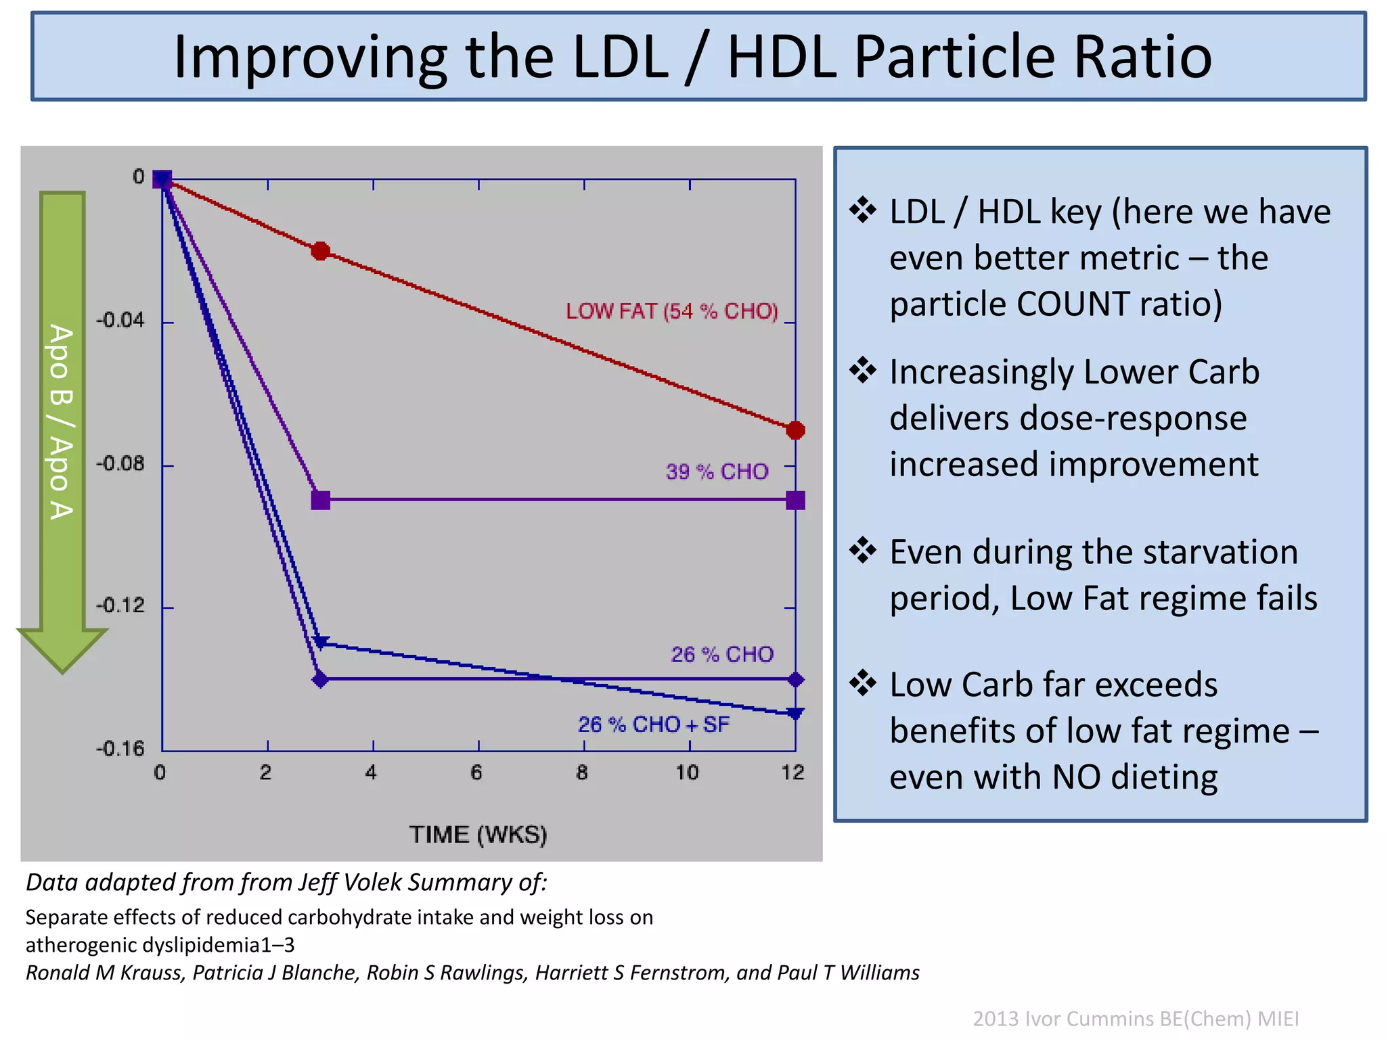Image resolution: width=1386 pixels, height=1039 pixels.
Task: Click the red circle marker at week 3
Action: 321,252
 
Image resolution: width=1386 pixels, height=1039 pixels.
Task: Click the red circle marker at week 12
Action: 796,430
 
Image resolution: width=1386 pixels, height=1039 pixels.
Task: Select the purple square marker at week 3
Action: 321,501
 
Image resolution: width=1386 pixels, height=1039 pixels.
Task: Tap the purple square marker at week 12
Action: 796,501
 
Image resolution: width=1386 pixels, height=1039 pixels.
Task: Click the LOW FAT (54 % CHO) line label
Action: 672,311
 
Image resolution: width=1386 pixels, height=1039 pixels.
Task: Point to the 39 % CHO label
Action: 717,471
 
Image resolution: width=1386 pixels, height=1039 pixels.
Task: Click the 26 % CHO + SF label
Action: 654,724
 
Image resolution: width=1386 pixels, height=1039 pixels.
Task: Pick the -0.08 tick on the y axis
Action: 120,464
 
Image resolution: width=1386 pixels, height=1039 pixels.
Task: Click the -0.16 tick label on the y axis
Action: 120,749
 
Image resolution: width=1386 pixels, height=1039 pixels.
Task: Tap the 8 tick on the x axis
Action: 582,772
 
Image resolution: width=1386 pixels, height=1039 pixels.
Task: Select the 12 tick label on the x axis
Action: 792,772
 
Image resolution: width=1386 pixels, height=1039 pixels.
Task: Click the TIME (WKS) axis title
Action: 478,835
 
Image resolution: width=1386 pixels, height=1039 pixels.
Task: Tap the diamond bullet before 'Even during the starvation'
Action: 863,550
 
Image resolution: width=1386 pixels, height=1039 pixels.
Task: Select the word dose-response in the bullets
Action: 1068,418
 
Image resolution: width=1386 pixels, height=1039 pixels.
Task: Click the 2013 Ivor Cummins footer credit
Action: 1136,1019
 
